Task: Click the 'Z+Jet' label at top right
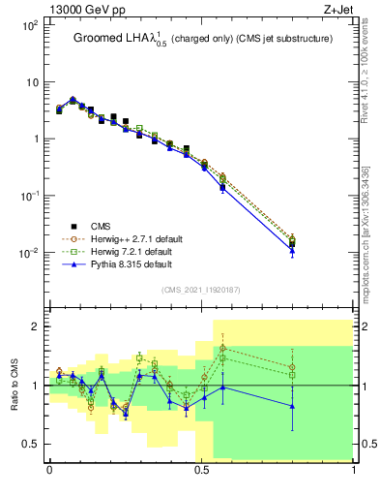click(339, 9)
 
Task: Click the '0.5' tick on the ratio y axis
click(29, 445)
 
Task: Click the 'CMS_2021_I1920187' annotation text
click(201, 289)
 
